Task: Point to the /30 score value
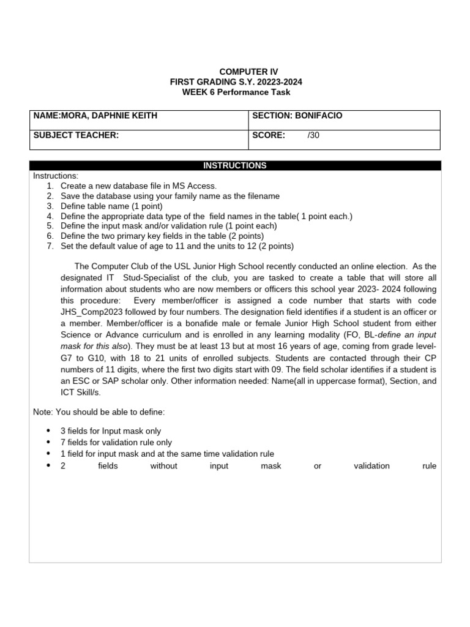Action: tap(313, 135)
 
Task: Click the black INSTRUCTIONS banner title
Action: tap(235, 165)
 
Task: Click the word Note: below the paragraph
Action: tap(43, 411)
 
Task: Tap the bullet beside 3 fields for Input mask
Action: tap(48, 431)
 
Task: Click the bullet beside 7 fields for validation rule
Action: tap(48, 442)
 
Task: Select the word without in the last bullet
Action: tap(163, 466)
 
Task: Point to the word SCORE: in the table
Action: tap(269, 135)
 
